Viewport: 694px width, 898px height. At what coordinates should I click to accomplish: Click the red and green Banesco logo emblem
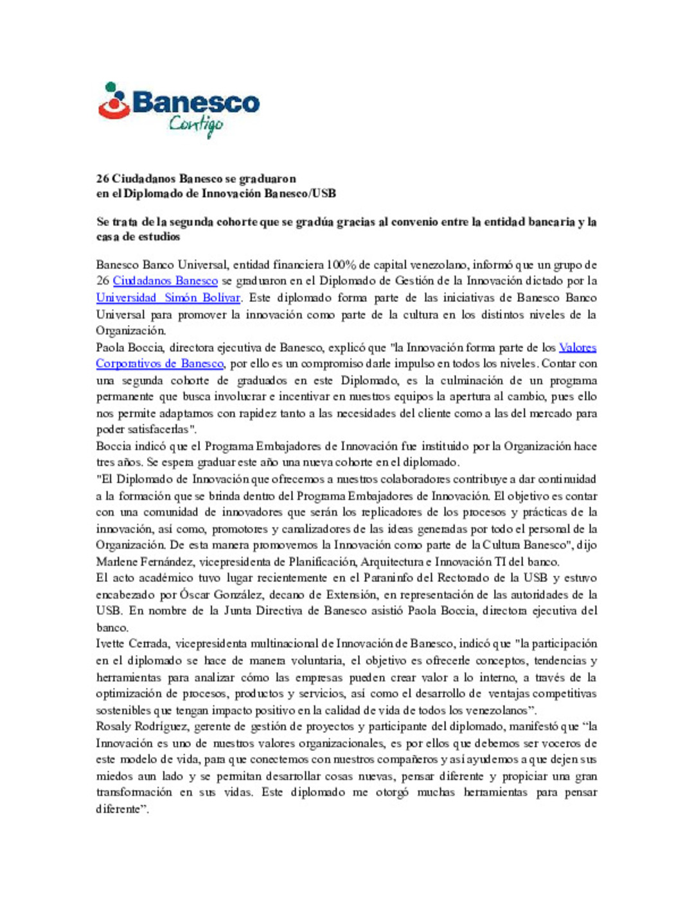114,102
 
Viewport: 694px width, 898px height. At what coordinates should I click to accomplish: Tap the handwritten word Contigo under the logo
196,125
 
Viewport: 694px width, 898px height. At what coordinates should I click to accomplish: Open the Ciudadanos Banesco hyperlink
165,281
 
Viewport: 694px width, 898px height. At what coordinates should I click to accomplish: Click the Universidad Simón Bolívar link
168,297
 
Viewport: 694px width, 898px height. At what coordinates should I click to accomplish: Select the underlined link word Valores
577,348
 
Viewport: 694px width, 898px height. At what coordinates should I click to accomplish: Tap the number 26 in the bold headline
102,179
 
